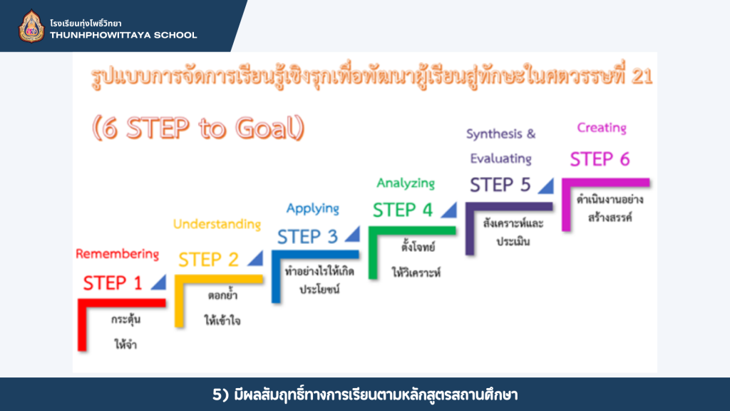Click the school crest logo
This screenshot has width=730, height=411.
point(31,26)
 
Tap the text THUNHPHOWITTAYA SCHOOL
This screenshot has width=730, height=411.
point(123,36)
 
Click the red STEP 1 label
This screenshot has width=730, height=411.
point(112,283)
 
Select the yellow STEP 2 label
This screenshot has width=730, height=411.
point(208,260)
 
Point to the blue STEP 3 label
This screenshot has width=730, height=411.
point(307,237)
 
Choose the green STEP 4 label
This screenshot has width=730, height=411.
point(403,210)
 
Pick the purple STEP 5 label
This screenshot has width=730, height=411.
point(500,185)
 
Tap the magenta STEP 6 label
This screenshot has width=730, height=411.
point(600,159)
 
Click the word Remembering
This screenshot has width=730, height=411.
point(118,254)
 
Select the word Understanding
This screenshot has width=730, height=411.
point(217,224)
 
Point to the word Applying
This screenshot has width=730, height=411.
point(312,208)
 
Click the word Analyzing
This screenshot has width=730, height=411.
point(406,183)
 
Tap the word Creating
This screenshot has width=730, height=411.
point(602,128)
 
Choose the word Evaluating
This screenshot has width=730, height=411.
point(500,159)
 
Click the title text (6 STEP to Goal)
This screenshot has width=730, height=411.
point(198,128)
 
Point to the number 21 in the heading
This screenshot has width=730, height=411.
point(642,76)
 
